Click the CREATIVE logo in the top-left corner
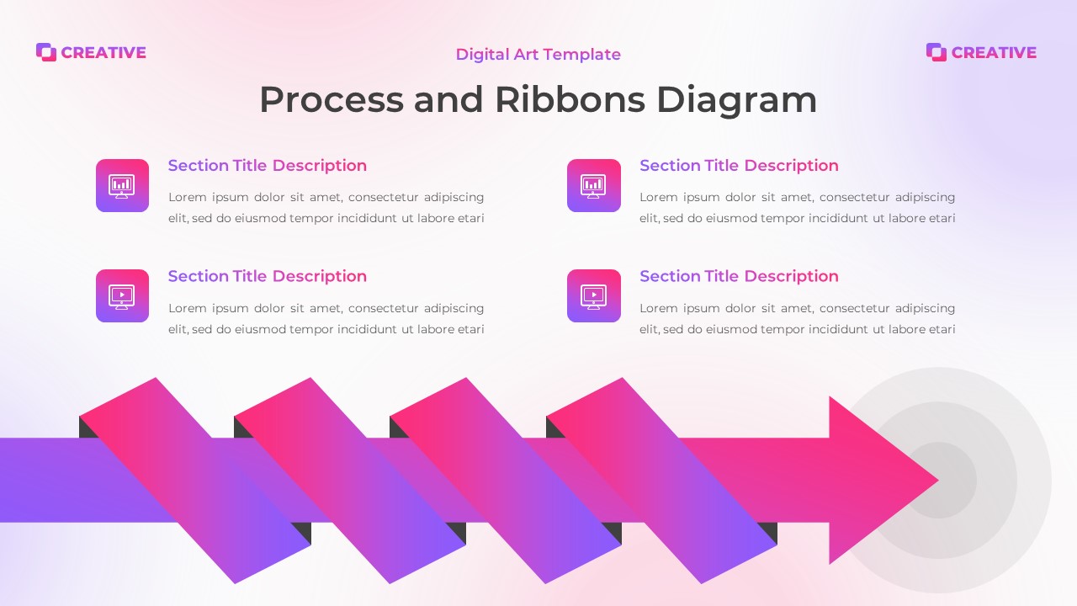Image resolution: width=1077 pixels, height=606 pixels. tap(91, 52)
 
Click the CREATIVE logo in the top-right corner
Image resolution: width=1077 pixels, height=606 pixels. tap(981, 52)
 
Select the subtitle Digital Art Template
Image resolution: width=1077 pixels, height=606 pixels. tap(538, 55)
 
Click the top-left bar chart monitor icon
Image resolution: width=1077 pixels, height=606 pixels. tap(122, 185)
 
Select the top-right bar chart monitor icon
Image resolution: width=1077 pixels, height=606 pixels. tap(593, 185)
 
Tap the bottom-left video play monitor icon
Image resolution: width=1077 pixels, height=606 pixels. tap(122, 295)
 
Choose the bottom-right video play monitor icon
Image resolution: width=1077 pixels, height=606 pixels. tap(593, 295)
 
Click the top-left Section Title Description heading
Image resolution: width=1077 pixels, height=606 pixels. tap(267, 166)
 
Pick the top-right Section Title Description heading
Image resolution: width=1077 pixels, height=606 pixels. tap(739, 166)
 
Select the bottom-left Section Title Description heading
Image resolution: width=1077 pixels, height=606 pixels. tap(267, 276)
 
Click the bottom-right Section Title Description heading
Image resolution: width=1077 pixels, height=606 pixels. tap(739, 276)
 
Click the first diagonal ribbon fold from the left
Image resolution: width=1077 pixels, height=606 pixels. tap(195, 480)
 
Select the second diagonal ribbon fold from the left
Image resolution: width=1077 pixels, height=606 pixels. tap(350, 480)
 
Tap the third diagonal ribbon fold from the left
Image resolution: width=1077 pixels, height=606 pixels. tap(506, 480)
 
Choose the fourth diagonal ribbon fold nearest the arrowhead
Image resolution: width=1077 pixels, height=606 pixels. tap(661, 480)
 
